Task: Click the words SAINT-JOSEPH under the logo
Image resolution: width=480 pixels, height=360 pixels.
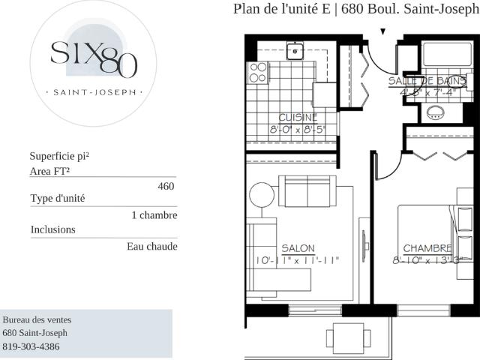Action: click(x=94, y=93)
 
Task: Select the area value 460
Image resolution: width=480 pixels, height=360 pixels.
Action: click(x=166, y=186)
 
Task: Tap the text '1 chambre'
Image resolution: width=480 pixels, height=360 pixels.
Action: click(x=154, y=215)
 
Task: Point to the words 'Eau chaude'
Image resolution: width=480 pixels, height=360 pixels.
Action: click(x=152, y=245)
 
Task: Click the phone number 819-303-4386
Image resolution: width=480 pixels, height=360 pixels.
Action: click(x=31, y=346)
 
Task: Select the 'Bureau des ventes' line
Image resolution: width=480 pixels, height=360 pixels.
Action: click(x=37, y=319)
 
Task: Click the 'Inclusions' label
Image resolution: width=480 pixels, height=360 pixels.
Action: click(x=53, y=229)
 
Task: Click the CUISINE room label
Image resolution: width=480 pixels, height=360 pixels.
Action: click(x=298, y=117)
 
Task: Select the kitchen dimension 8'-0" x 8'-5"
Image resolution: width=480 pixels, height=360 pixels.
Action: click(x=298, y=129)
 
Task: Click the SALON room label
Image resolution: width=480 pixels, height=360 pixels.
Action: click(x=298, y=248)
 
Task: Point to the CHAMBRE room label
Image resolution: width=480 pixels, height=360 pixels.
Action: click(x=427, y=248)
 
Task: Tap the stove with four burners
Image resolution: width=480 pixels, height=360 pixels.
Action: click(x=258, y=72)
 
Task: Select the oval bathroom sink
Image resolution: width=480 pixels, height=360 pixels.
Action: click(x=434, y=113)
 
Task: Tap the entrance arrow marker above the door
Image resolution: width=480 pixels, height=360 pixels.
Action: click(x=383, y=31)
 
